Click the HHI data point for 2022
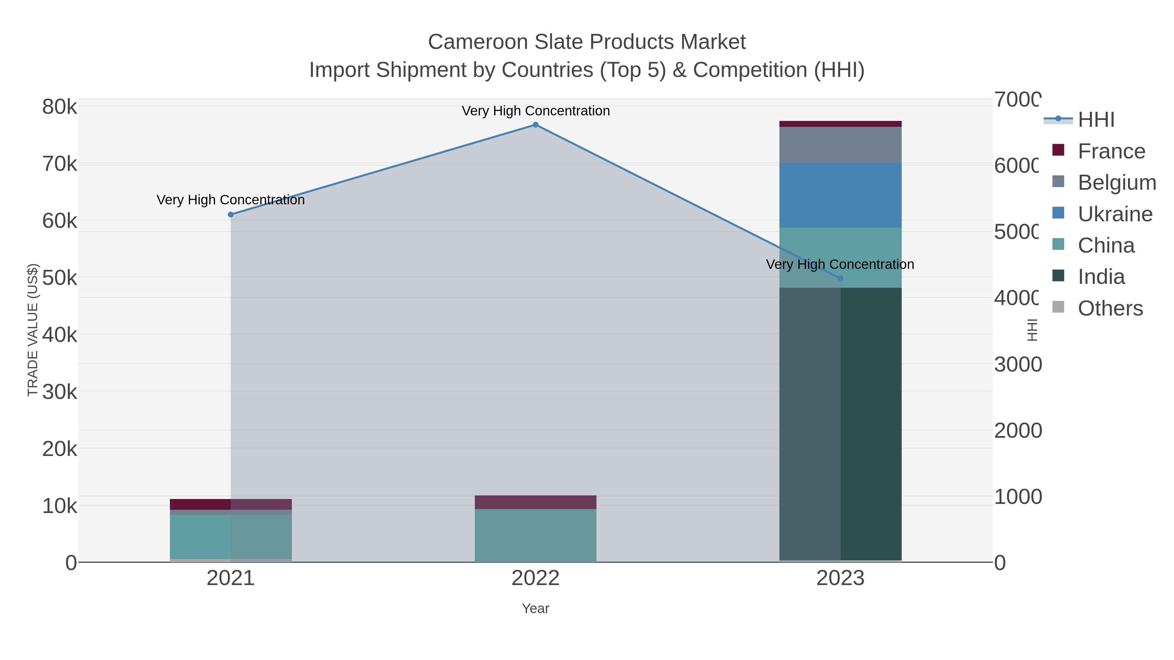[x=535, y=125]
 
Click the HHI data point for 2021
[x=231, y=214]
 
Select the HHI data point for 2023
[x=840, y=278]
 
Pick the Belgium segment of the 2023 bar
[x=840, y=145]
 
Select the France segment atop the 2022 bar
[x=535, y=502]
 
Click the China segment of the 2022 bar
[x=535, y=535]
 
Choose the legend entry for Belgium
[x=1117, y=182]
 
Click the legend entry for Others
[x=1110, y=308]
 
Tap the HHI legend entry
[x=1096, y=120]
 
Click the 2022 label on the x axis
[x=535, y=579]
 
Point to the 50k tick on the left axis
[x=60, y=278]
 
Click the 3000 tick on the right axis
[x=1017, y=364]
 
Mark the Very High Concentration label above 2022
[x=535, y=111]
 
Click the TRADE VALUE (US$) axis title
[x=33, y=330]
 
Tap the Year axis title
[x=535, y=609]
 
